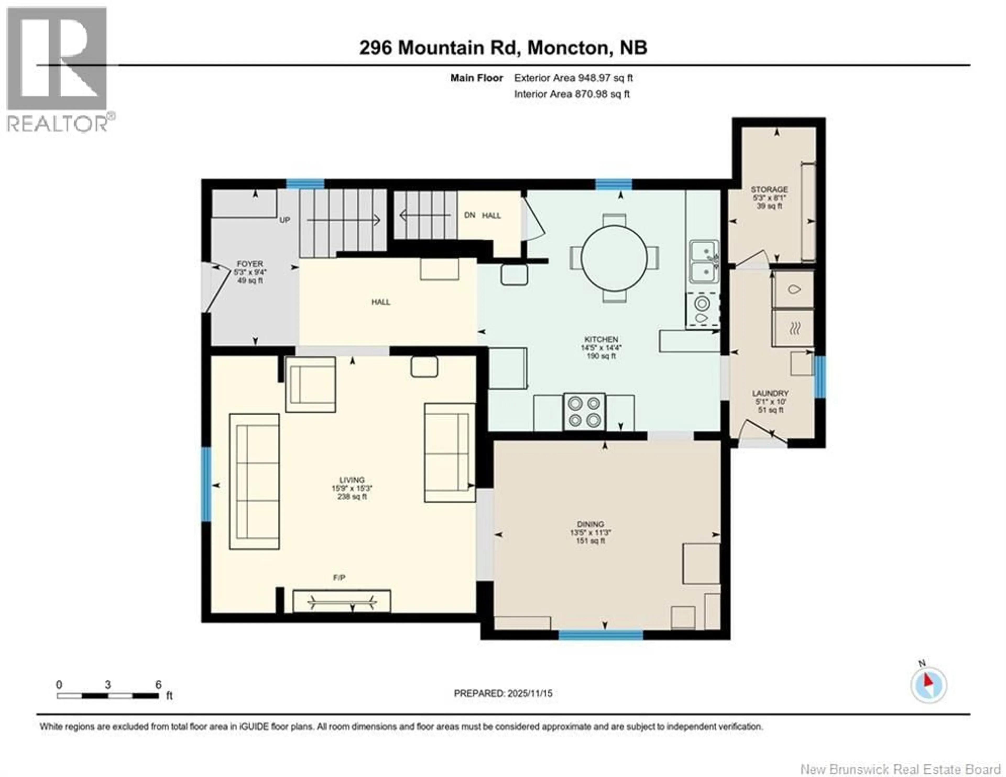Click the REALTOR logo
(58, 69)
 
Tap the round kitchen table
(614, 258)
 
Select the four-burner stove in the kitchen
(584, 412)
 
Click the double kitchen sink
(704, 261)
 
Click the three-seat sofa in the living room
(254, 481)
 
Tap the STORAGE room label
(769, 190)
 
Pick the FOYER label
(250, 264)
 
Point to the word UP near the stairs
(285, 220)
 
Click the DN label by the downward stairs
(469, 215)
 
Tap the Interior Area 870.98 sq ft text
(572, 94)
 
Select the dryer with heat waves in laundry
(793, 328)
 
